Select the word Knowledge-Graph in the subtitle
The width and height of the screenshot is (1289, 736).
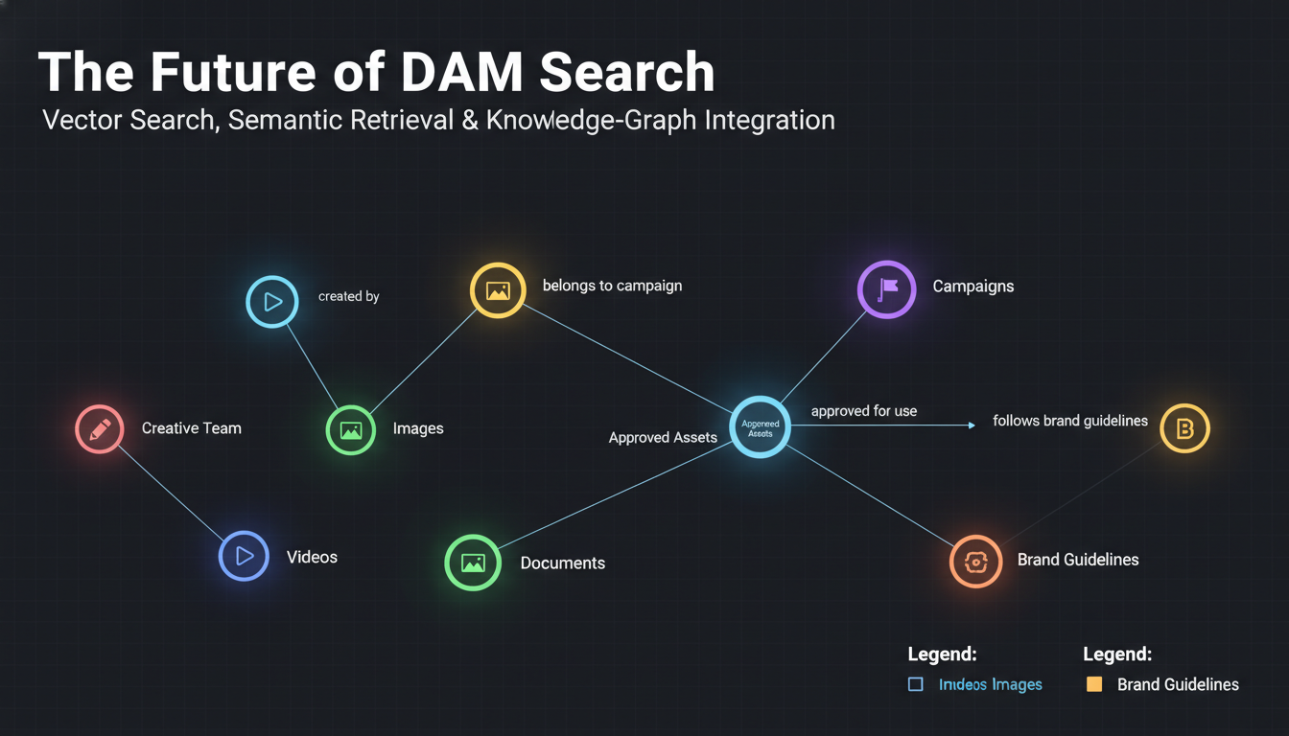[x=592, y=121]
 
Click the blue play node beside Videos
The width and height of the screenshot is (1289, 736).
[x=244, y=556]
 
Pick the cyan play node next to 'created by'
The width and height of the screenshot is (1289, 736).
[x=272, y=302]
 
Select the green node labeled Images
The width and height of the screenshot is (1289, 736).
[x=350, y=429]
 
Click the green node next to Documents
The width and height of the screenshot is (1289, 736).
[x=473, y=563]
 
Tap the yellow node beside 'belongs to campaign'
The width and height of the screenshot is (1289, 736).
[x=498, y=290]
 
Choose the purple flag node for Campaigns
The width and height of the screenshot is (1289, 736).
[x=886, y=288]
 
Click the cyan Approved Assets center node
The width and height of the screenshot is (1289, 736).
[x=760, y=427]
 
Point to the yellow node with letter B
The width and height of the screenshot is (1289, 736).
[x=1184, y=428]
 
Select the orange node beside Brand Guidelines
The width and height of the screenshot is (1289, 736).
[x=975, y=562]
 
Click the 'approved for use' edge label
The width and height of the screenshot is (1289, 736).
[x=863, y=411]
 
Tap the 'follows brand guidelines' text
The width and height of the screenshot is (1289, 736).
[x=1069, y=421]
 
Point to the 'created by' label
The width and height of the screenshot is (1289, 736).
[x=348, y=297]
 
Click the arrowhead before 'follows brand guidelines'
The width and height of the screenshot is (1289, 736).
[x=971, y=425]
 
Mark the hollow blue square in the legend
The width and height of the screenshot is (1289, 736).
[x=915, y=684]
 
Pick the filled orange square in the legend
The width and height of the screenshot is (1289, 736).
[x=1093, y=684]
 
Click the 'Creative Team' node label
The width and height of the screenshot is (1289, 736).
[x=191, y=428]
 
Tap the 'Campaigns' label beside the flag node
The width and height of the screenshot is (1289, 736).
[x=973, y=287]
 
